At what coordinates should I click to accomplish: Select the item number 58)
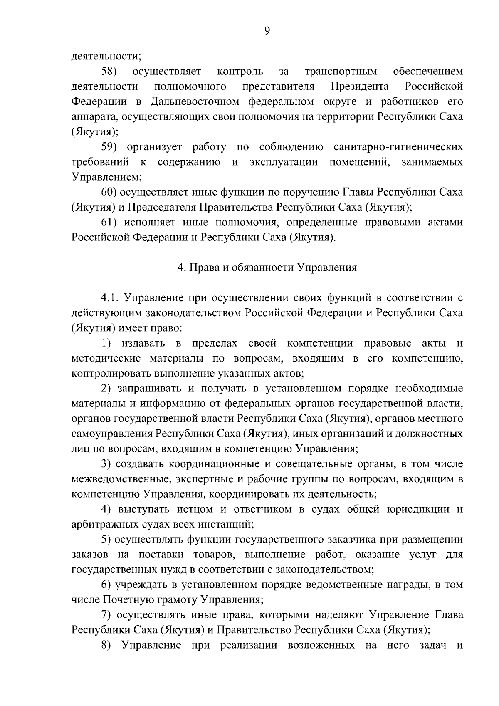109,72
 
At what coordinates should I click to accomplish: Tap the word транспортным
341,72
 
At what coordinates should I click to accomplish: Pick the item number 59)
110,147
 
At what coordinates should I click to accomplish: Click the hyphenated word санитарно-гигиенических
398,147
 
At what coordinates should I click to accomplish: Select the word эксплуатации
284,162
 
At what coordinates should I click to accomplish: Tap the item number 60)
110,192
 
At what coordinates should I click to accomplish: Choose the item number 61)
110,223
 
